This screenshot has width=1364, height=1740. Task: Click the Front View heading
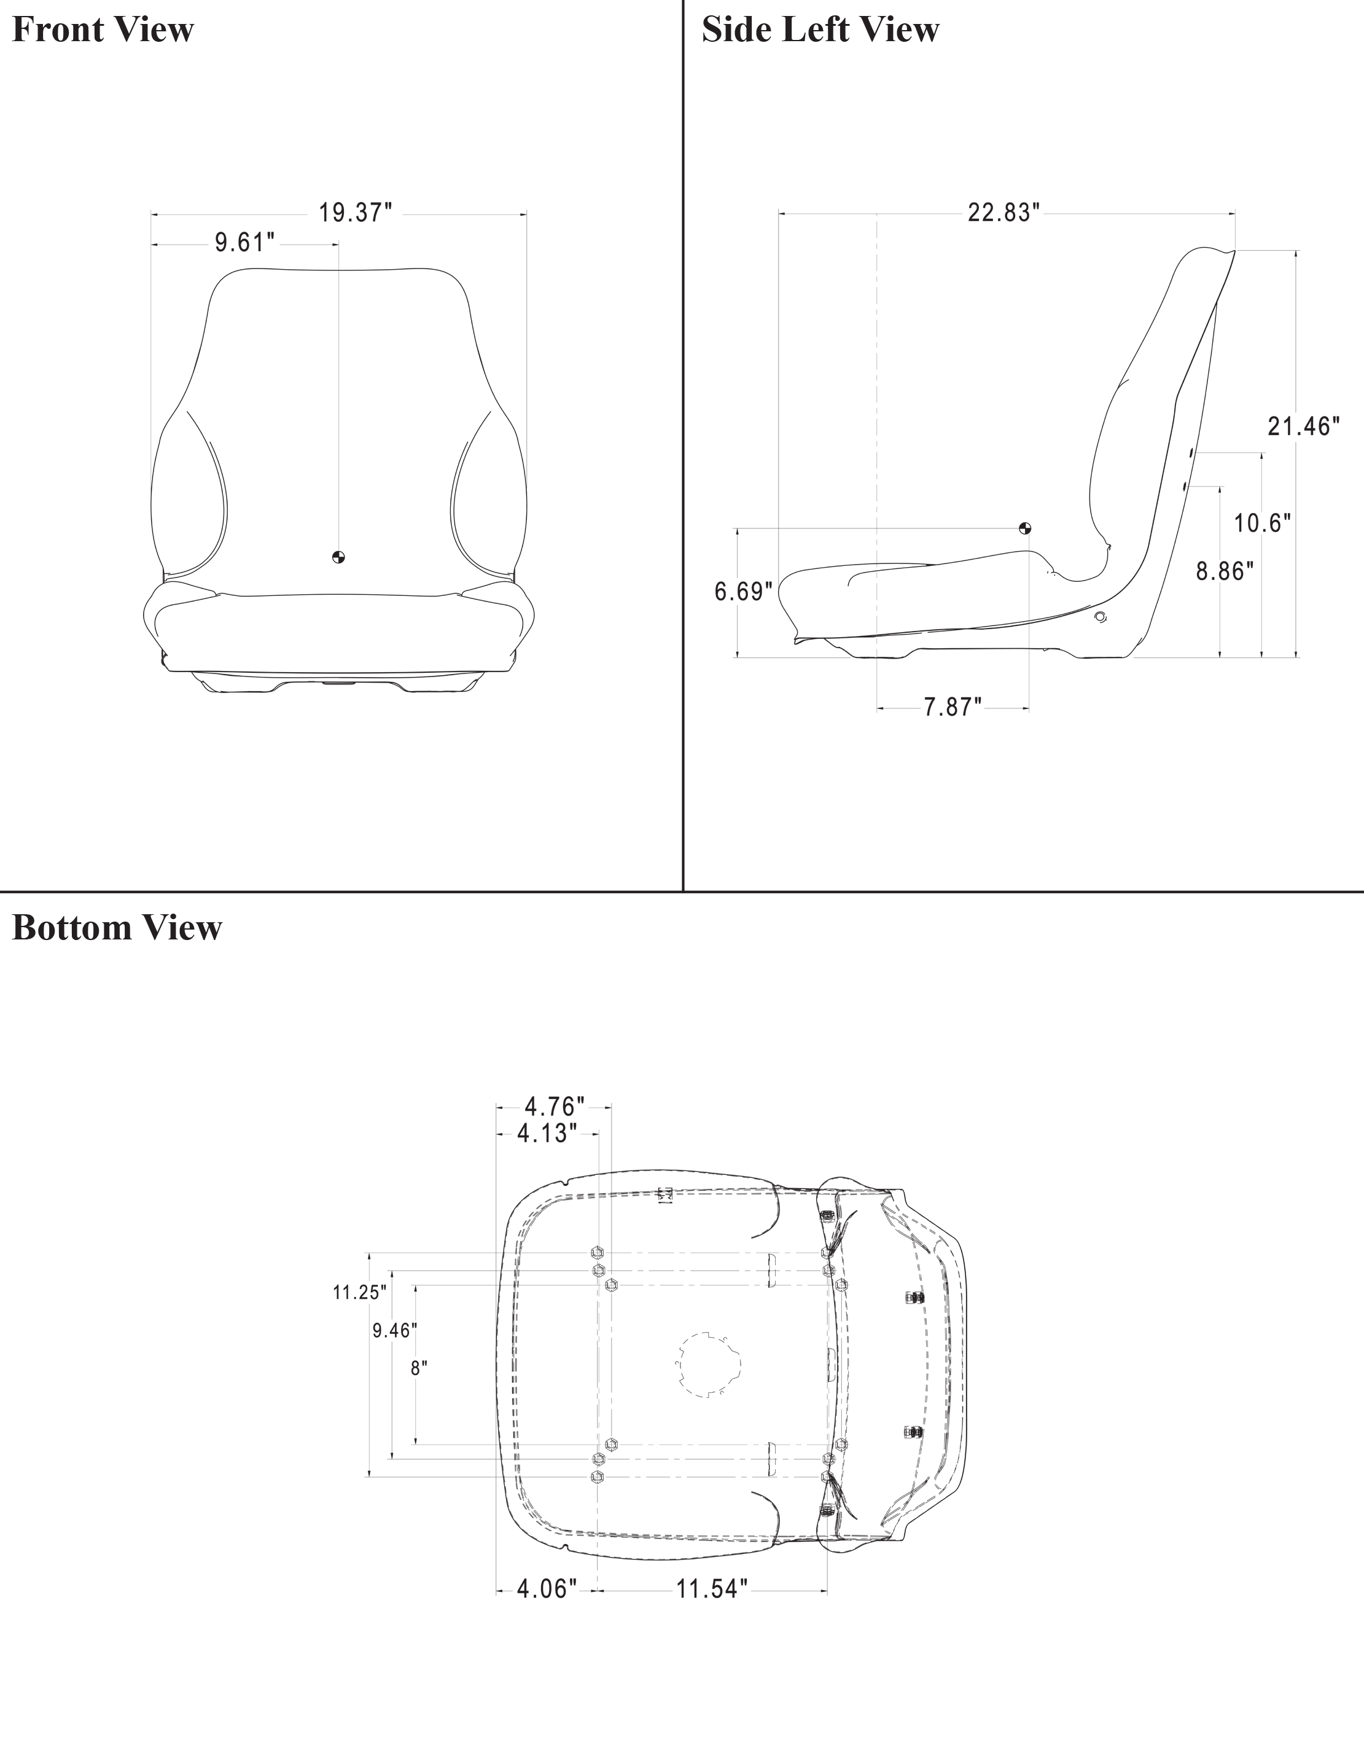pos(103,29)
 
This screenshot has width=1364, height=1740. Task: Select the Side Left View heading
pos(820,29)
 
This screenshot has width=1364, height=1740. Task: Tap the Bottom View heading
pos(117,928)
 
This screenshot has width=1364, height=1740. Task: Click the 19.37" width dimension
pos(356,213)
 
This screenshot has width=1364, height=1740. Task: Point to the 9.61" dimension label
pos(245,243)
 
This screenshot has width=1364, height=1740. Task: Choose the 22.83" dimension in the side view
pos(1004,213)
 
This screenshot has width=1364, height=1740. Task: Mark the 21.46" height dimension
pos(1304,426)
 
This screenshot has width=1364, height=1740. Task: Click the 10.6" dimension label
pos(1263,523)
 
